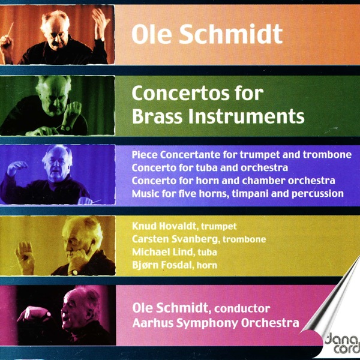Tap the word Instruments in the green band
coord(247,116)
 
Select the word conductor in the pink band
coord(242,308)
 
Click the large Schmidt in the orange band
coord(231,34)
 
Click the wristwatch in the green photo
coord(65,127)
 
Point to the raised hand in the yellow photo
coord(25,256)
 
